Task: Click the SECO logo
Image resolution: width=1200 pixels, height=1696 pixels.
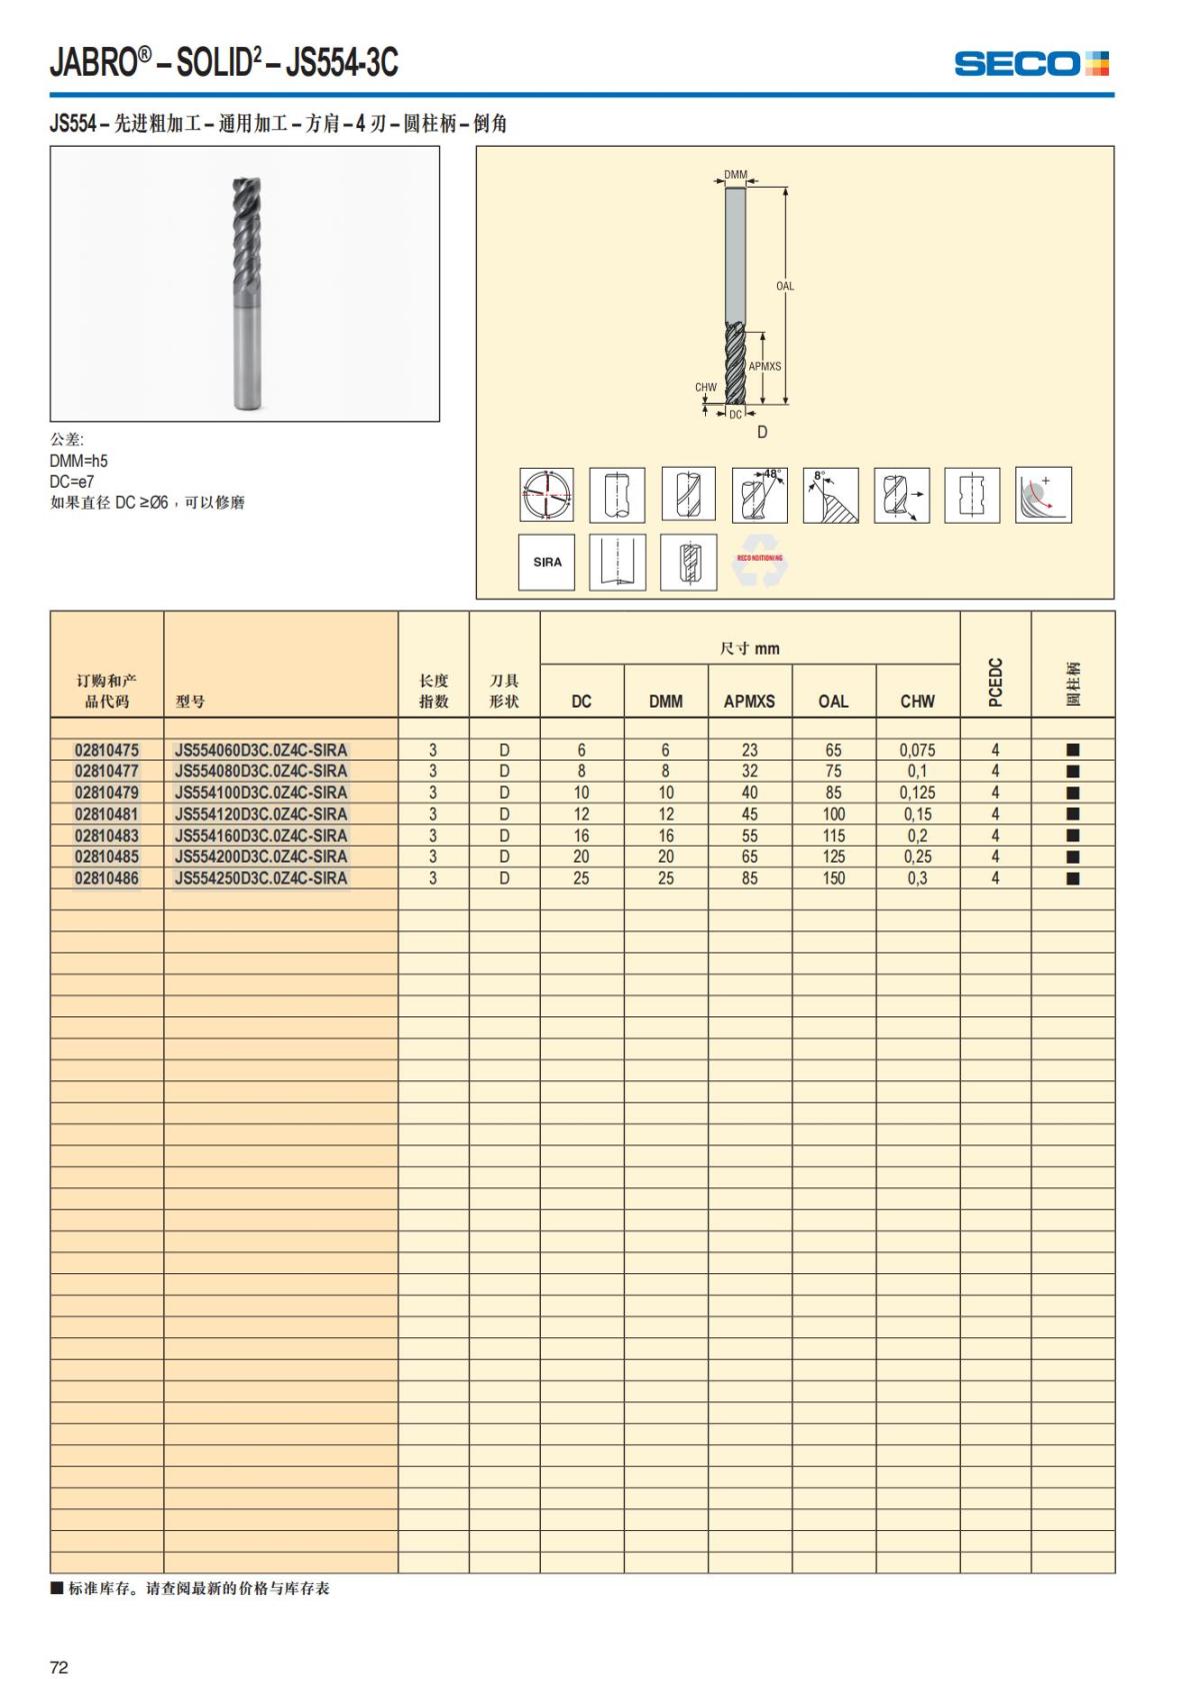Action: coord(1031,64)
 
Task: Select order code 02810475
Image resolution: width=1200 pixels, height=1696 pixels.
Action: coord(107,750)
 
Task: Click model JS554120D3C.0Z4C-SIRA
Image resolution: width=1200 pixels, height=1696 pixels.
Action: coord(261,814)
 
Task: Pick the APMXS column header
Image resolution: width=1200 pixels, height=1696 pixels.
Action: coord(749,702)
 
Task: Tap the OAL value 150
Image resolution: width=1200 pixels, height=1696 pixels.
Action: coord(833,878)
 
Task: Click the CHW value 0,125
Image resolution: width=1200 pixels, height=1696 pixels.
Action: coord(917,793)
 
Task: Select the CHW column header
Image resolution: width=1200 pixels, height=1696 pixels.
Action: coord(917,702)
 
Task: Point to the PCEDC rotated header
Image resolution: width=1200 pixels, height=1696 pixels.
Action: coord(995,682)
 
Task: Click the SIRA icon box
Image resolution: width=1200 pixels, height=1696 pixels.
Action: coord(547,562)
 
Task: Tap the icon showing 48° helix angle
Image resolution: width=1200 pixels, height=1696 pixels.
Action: coord(759,494)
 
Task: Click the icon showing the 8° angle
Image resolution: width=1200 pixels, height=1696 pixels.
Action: coord(830,494)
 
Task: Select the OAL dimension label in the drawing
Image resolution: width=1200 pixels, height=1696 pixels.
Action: coord(785,286)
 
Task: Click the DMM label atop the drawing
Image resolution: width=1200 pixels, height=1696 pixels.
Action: coord(735,175)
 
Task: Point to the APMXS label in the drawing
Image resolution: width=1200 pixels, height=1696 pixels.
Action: coord(765,366)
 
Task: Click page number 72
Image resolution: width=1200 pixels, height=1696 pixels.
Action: coord(59,1667)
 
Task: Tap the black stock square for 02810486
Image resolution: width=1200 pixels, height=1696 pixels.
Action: coord(1073,878)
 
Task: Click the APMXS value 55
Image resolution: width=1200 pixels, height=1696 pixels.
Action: coord(749,836)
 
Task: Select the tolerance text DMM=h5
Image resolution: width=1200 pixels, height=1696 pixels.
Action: coord(79,461)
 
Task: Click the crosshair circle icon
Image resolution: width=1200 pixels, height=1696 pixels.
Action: coord(546,494)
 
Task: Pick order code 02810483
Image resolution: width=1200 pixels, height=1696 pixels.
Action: coord(107,836)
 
